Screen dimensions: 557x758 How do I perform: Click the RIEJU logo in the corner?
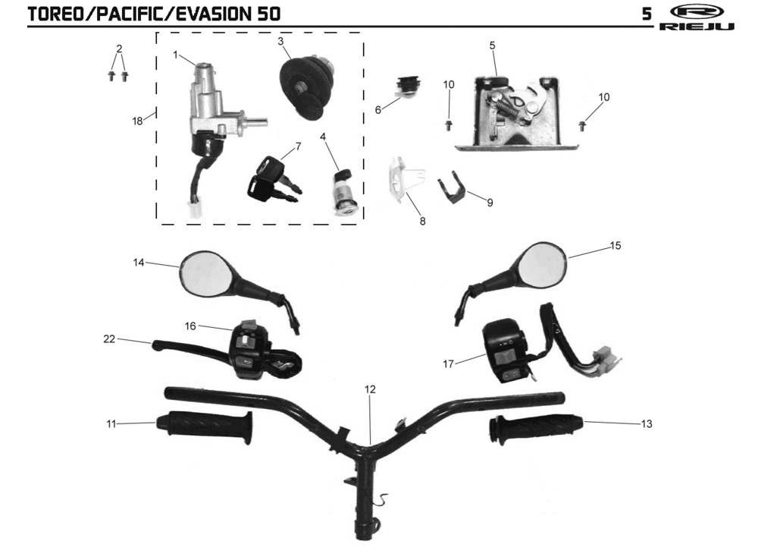pos(697,18)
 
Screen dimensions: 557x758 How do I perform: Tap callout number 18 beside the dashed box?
pos(137,121)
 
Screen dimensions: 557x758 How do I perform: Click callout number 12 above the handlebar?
pos(370,389)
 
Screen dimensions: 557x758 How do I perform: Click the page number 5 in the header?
pos(646,14)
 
